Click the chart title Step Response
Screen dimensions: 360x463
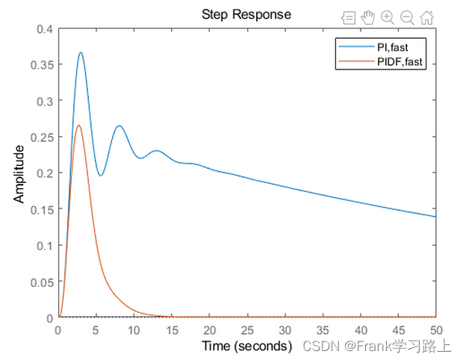click(246, 14)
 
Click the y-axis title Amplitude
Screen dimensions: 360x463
click(20, 173)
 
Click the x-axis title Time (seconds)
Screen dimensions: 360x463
click(246, 346)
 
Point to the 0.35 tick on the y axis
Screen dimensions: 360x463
click(41, 65)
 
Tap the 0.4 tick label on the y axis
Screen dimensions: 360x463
click(44, 29)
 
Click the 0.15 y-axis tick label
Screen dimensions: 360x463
click(41, 209)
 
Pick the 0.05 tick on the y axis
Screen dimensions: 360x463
click(41, 282)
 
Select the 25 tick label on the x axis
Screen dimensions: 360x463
click(247, 330)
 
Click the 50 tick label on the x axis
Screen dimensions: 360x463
click(436, 330)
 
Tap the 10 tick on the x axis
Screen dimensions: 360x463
click(134, 330)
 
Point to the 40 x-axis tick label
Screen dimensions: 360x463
click(361, 330)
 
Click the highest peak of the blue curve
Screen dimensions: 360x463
click(81, 53)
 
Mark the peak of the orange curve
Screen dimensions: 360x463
click(79, 125)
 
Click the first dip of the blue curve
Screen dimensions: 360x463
click(101, 176)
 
